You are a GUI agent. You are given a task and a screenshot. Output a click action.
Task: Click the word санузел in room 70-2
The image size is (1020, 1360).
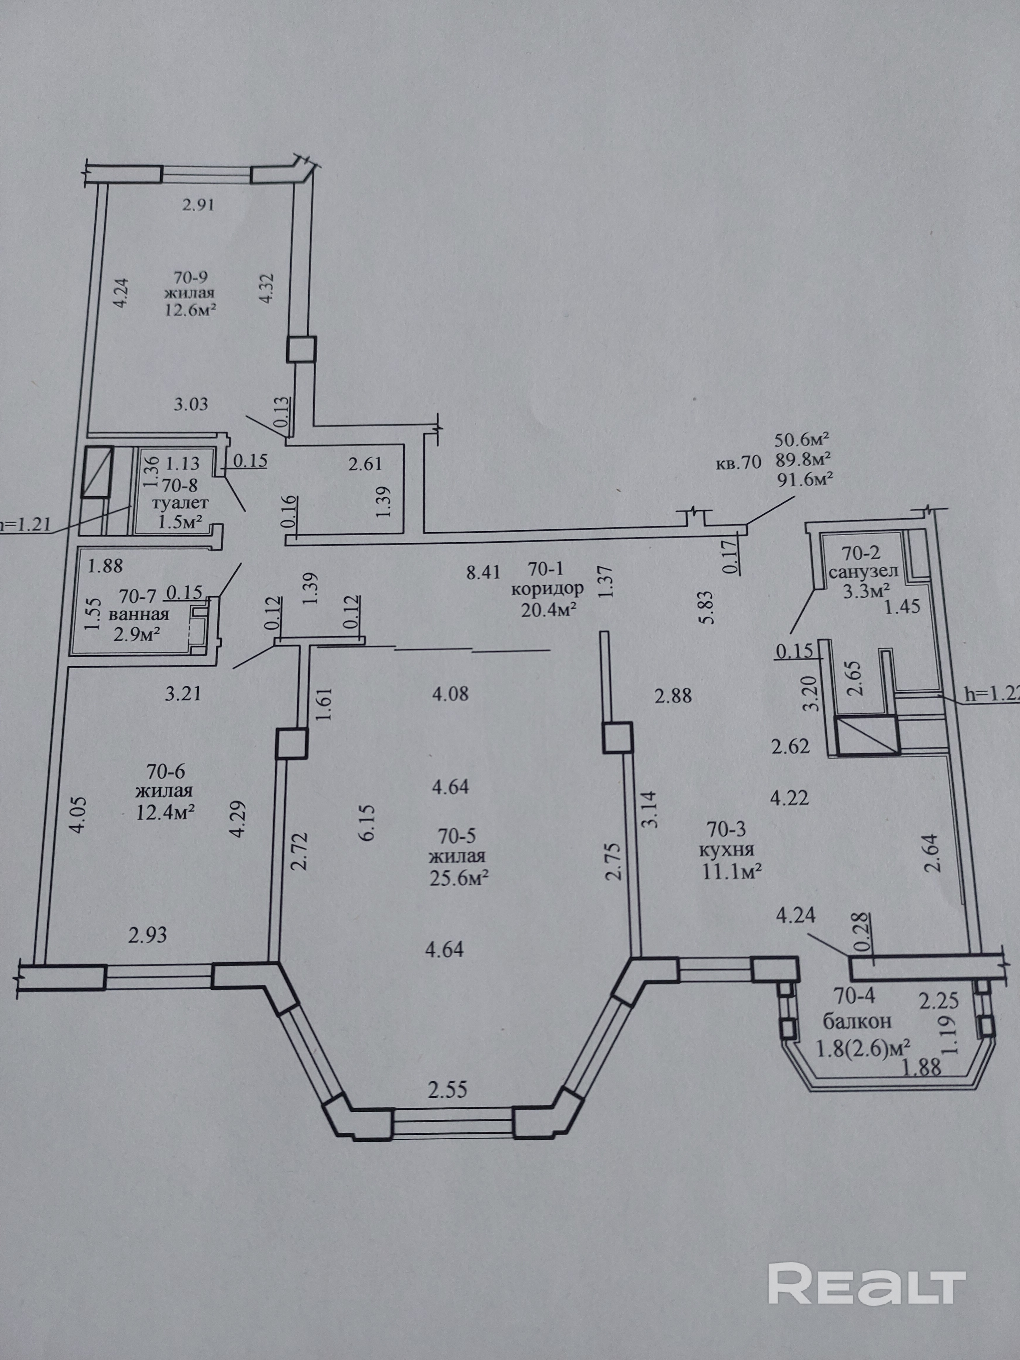click(863, 572)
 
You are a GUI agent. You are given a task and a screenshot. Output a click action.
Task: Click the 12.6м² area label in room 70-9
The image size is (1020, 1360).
click(189, 309)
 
